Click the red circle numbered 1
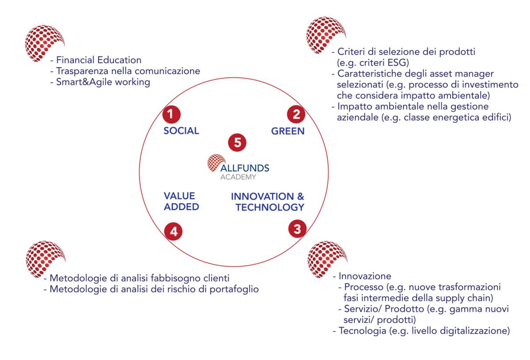170,114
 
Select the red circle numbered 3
297,228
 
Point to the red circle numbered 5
237,143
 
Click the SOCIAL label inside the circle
182,131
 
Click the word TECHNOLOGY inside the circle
269,207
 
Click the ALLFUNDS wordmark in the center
244,168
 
